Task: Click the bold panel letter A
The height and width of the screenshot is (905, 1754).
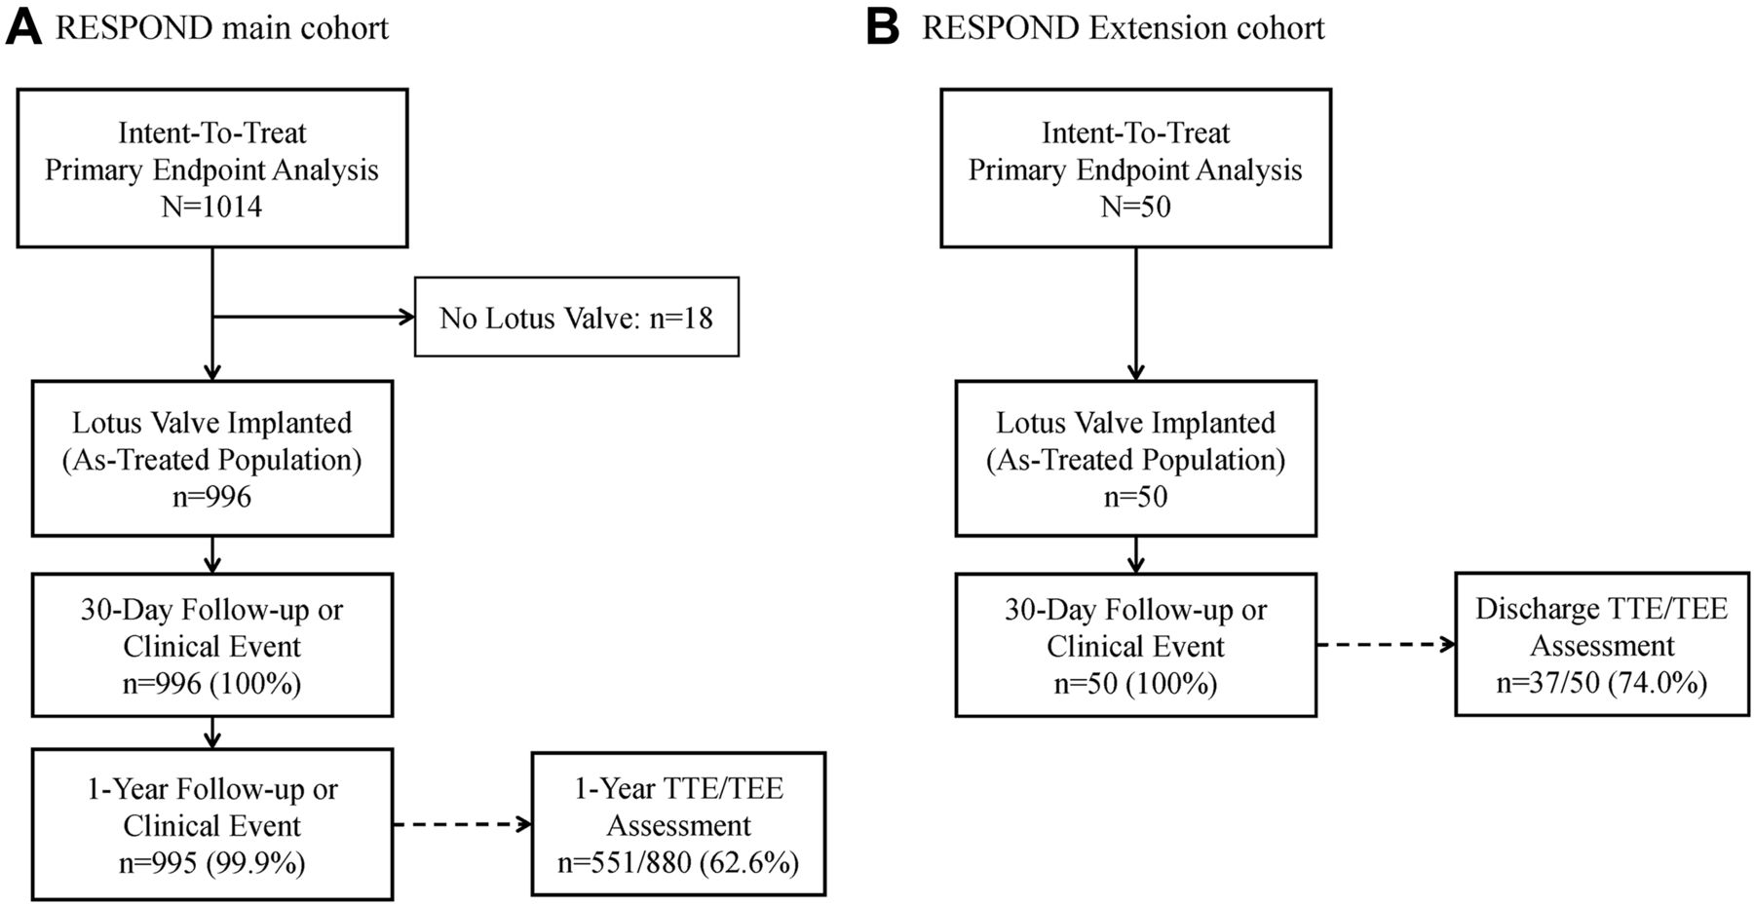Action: (x=24, y=27)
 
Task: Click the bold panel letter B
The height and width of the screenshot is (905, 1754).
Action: (x=883, y=27)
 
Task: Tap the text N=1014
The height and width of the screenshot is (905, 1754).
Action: (x=211, y=207)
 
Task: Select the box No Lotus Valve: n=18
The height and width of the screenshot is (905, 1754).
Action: (x=577, y=318)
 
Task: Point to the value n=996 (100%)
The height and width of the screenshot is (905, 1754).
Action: (x=211, y=684)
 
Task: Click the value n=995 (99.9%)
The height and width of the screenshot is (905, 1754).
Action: (x=211, y=863)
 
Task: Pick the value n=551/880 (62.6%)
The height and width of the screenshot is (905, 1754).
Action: (x=678, y=863)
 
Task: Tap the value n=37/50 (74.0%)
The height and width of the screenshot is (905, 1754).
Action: (x=1602, y=683)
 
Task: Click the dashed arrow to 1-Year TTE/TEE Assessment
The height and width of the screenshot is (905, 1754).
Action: (x=463, y=825)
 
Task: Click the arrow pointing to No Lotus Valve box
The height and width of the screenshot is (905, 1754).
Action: (x=314, y=317)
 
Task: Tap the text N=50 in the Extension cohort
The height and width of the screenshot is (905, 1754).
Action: (x=1135, y=207)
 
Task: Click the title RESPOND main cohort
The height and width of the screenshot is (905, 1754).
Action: (x=222, y=28)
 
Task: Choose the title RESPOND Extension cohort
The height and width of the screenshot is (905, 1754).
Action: (x=1124, y=28)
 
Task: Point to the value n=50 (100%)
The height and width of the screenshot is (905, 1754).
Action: (x=1135, y=684)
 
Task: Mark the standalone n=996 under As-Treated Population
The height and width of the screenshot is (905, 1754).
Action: (x=211, y=497)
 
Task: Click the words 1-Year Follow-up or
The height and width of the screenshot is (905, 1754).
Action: (x=211, y=789)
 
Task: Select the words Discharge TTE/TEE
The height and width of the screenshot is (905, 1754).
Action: (x=1602, y=609)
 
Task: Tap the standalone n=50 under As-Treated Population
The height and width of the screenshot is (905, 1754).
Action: (x=1135, y=497)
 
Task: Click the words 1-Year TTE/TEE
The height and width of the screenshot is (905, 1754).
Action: (x=678, y=789)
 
